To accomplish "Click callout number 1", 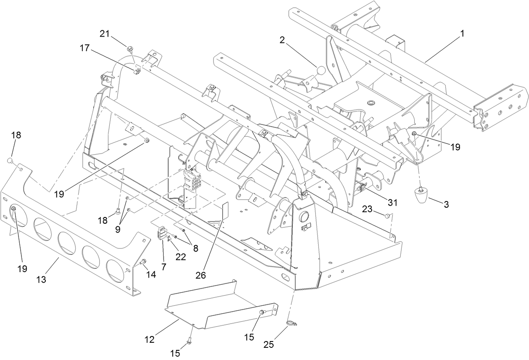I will point(462,34).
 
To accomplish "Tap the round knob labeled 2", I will point(321,71).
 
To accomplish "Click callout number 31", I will point(392,202).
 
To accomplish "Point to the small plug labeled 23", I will point(386,216).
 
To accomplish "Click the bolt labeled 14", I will point(143,263).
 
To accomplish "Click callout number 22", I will point(180,257).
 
